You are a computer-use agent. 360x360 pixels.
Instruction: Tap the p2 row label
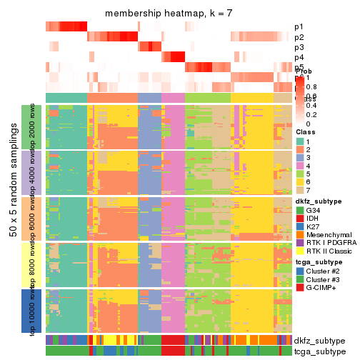pyautogui.click(x=299, y=37)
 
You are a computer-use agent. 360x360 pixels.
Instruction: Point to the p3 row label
pyautogui.click(x=299, y=47)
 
